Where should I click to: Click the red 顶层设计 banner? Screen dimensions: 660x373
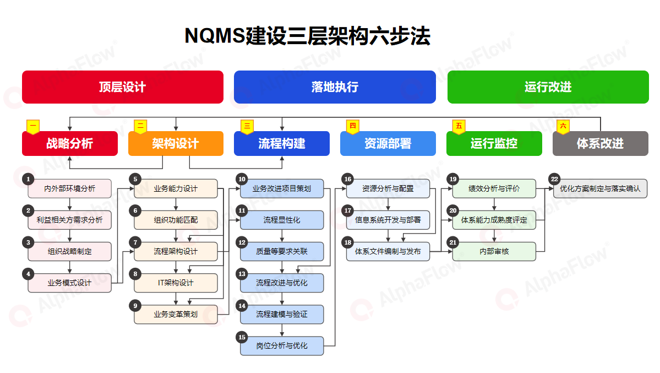(x=123, y=87)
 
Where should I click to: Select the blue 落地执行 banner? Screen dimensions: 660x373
(x=335, y=87)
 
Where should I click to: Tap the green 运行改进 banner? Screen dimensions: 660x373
(x=548, y=87)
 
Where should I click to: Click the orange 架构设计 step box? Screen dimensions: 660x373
(x=176, y=143)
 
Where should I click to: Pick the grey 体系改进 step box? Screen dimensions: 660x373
(x=600, y=143)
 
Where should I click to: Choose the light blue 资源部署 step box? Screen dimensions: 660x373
(x=388, y=143)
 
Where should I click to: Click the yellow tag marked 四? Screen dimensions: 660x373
(x=353, y=126)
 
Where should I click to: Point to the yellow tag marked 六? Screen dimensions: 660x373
(x=563, y=126)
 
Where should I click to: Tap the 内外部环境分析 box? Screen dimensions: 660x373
(x=69, y=188)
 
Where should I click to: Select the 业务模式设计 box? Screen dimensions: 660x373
(x=69, y=283)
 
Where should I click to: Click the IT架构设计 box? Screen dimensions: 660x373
(x=176, y=283)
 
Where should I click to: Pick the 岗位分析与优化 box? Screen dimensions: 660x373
(x=282, y=345)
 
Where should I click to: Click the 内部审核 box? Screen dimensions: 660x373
(x=494, y=251)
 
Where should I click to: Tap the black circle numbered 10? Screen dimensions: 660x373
(x=242, y=179)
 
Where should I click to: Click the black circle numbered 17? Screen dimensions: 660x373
(x=348, y=210)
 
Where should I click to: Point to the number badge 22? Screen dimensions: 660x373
(x=554, y=179)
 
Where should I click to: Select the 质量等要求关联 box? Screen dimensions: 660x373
(x=282, y=251)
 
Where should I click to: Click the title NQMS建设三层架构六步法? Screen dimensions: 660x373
(x=308, y=36)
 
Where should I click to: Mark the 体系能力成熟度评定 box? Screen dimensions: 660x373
(x=494, y=220)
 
